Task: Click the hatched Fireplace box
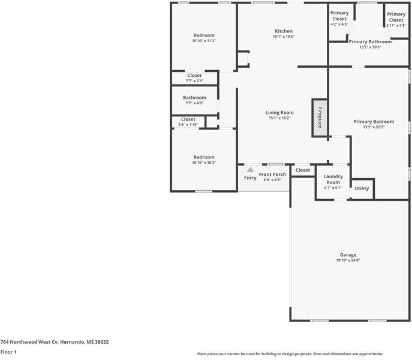coord(320,118)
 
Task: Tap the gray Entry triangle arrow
coord(250,170)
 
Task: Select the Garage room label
coord(348,255)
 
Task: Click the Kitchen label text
coord(284,31)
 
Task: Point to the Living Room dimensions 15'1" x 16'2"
coord(279,118)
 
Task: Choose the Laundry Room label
coord(333,179)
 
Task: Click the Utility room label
coord(362,188)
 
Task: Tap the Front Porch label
coord(272,175)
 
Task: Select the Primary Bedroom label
coord(374,121)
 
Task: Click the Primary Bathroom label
coord(370,41)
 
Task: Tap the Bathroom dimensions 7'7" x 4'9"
coord(194,103)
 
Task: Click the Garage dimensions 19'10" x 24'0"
coord(348,260)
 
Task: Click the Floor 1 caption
coord(8,352)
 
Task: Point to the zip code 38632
coord(102,342)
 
